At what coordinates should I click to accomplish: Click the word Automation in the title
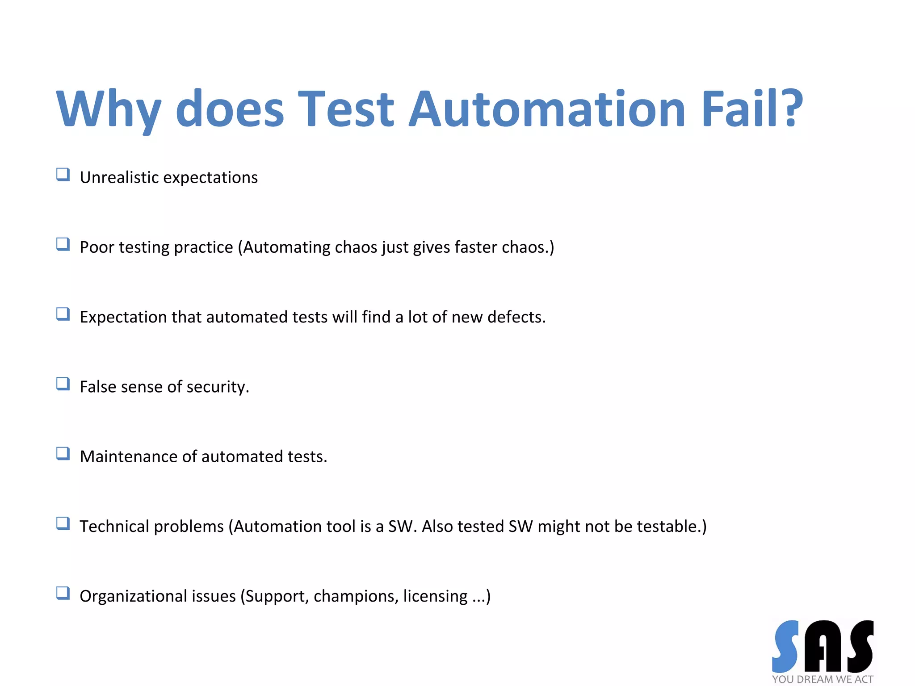pos(547,109)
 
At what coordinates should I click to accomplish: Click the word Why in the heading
pos(108,109)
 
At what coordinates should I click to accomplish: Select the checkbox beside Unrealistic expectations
pos(63,174)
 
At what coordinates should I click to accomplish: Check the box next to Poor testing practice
pos(63,244)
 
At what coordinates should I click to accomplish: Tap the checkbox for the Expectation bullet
pos(63,314)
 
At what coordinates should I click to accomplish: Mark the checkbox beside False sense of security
pos(63,384)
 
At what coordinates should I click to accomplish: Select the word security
pos(218,387)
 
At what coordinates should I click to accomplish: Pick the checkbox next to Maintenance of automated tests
pos(63,453)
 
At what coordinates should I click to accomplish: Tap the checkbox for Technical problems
pos(63,523)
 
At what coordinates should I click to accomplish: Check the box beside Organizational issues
pos(63,593)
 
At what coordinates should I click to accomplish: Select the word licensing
pos(435,596)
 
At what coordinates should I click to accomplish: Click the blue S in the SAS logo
pos(785,646)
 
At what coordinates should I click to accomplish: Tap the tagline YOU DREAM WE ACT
pos(823,679)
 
